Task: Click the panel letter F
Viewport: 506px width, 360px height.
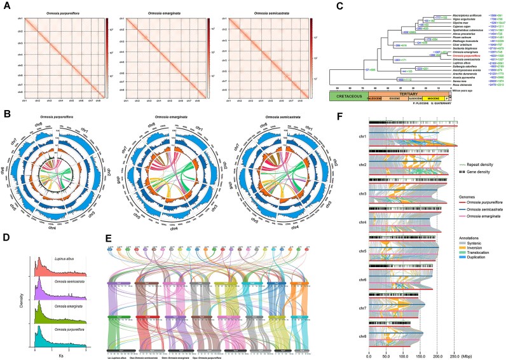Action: coord(357,116)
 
